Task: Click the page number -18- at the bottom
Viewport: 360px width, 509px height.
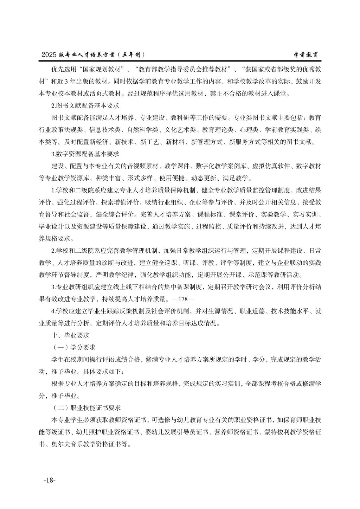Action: [x=50, y=480]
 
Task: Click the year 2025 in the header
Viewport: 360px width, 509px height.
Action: [x=49, y=55]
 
